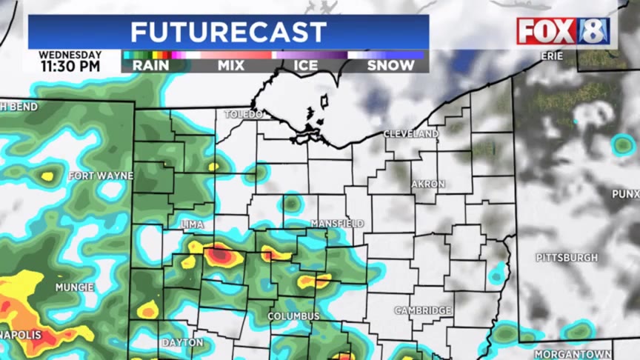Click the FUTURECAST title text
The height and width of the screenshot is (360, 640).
point(228,32)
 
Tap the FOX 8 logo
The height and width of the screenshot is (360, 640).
point(563,31)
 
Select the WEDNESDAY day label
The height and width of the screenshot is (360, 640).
point(70,55)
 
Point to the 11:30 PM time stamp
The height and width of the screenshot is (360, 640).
point(70,66)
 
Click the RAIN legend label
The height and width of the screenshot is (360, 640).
point(150,65)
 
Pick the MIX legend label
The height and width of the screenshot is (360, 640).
point(230,65)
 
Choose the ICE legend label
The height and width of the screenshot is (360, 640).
point(306,65)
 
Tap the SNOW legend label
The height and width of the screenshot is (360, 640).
point(391,65)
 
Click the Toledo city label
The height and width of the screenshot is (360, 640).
point(244,115)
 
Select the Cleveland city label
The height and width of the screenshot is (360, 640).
point(411,134)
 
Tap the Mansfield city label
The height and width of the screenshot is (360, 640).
point(337,223)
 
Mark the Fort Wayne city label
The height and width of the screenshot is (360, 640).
point(101,176)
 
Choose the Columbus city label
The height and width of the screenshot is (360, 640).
point(293,316)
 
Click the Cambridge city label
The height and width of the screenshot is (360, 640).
point(423,310)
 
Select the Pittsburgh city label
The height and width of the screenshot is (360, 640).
point(567,258)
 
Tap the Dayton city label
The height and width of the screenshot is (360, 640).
point(182,342)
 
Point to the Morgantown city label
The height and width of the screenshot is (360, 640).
point(573,354)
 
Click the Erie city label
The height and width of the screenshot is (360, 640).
point(552,56)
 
